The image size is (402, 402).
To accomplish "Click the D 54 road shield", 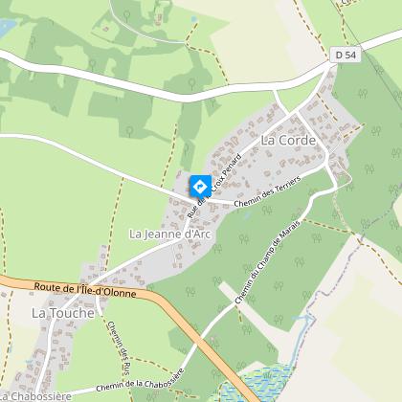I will (x=346, y=56).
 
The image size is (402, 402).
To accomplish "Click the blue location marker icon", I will (x=199, y=186).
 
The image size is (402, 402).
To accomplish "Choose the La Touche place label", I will (x=63, y=313).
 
